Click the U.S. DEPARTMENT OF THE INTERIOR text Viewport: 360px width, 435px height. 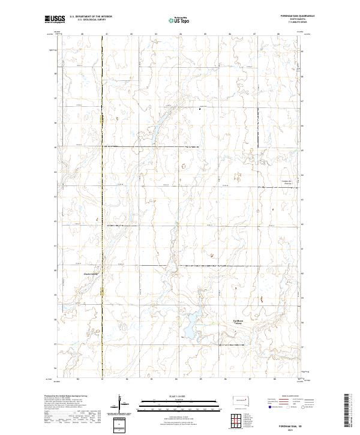(91, 17)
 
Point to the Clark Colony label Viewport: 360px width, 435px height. (90, 277)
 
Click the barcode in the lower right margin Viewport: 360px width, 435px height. (347, 411)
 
